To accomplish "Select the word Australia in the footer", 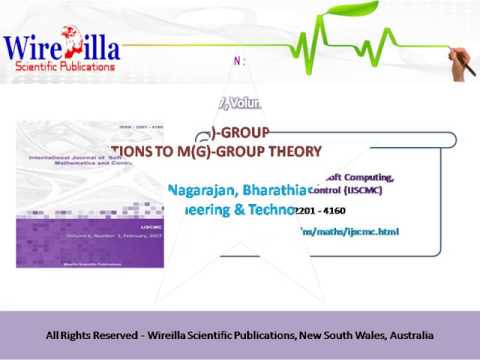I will click(403, 333).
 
